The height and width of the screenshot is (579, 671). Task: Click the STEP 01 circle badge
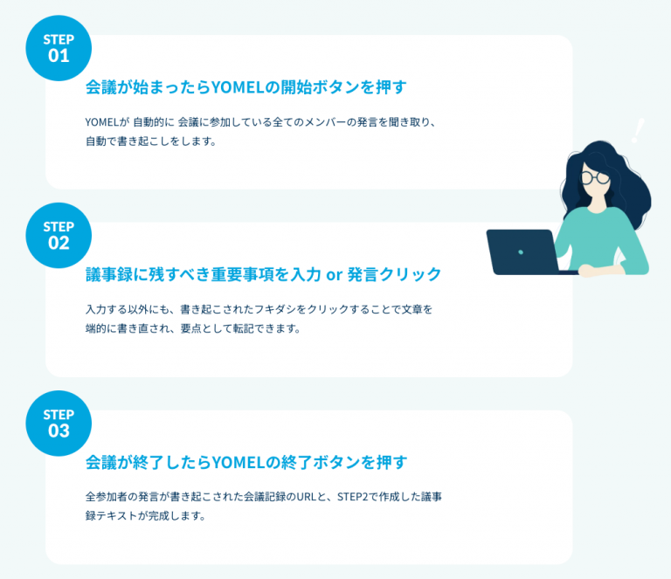point(59,48)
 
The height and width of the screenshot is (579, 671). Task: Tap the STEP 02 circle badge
point(59,235)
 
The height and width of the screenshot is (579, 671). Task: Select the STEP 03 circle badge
point(59,423)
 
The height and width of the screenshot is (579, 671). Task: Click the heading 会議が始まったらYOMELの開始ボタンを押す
point(246,87)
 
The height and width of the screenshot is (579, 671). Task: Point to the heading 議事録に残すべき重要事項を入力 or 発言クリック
point(263,274)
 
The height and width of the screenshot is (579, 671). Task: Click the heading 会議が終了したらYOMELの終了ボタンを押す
point(246,462)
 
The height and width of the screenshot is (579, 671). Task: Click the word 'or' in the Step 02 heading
point(333,275)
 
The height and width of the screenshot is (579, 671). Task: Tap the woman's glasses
point(597,177)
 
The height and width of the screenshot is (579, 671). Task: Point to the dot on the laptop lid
point(521,252)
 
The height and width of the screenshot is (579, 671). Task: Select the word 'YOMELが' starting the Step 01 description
point(107,122)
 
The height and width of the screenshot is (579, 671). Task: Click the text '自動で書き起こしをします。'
point(150,141)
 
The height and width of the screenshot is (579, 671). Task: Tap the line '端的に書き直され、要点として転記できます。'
point(192,328)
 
